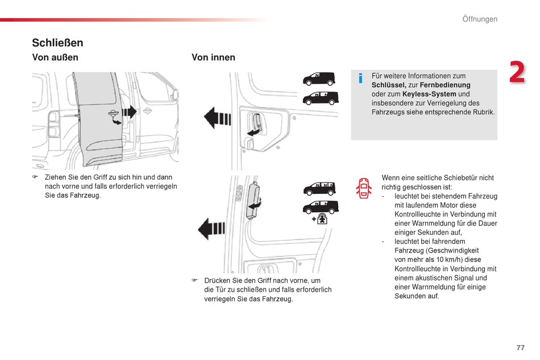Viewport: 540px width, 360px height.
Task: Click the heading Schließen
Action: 57,43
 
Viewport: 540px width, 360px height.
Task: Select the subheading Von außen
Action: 55,57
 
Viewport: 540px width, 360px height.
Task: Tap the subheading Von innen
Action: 213,57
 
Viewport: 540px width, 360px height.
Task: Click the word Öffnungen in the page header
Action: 480,19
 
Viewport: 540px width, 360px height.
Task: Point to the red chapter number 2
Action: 517,73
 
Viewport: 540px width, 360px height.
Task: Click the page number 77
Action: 520,347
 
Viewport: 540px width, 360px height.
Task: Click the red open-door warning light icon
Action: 364,187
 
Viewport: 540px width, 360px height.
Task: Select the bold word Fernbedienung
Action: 445,85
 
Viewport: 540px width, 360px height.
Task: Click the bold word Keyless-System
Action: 429,94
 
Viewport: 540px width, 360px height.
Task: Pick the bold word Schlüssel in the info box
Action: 388,85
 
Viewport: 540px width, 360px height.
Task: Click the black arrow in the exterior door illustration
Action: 130,111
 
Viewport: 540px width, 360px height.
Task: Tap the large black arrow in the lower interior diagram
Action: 211,229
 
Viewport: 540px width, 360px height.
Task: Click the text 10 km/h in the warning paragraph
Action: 451,259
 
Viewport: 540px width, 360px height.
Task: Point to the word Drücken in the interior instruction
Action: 217,280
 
